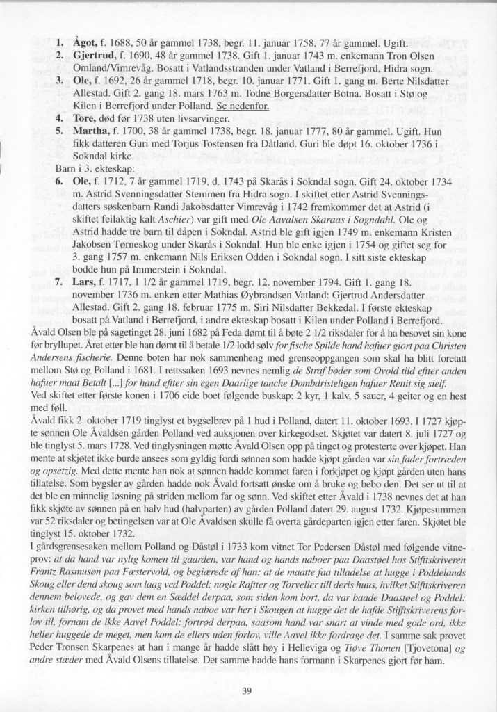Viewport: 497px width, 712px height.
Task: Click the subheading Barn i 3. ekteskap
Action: coord(94,168)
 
